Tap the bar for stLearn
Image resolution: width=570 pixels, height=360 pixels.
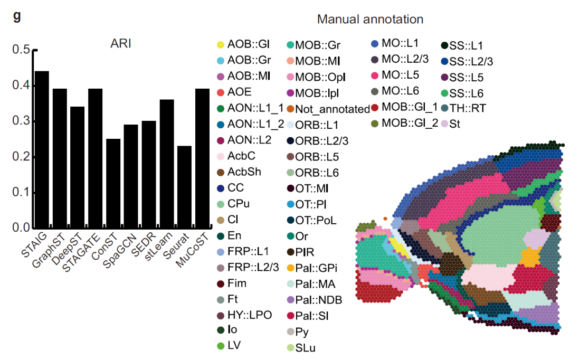pyautogui.click(x=167, y=164)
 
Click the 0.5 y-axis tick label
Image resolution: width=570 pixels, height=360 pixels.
pyautogui.click(x=22, y=50)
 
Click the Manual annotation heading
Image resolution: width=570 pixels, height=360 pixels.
pyautogui.click(x=370, y=20)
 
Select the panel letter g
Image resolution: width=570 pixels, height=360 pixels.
pyautogui.click(x=17, y=15)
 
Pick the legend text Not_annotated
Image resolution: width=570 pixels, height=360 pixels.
pyautogui.click(x=332, y=109)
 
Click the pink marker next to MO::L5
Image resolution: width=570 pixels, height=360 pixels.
pyautogui.click(x=375, y=75)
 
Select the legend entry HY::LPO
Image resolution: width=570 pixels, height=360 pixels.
pyautogui.click(x=250, y=316)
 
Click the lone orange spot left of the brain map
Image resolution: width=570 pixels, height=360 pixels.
pyautogui.click(x=386, y=218)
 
